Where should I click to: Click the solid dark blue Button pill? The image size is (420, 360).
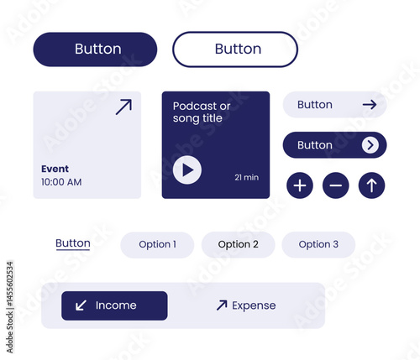[95, 50]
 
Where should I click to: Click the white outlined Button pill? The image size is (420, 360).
[235, 50]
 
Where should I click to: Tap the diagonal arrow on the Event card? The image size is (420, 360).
[123, 107]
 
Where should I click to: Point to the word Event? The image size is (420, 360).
[55, 169]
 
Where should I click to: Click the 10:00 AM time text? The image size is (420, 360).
[61, 182]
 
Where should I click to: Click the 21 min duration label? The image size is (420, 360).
[247, 177]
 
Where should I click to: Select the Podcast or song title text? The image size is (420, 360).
[202, 112]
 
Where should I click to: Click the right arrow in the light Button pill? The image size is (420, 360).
[370, 105]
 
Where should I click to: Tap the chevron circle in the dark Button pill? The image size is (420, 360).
[370, 145]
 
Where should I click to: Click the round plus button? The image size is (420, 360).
[300, 185]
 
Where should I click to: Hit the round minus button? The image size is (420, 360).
[336, 185]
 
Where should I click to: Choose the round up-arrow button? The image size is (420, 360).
[371, 185]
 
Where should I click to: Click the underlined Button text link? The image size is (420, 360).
[73, 243]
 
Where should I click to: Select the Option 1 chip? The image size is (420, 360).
[157, 245]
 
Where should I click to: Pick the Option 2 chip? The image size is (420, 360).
[239, 245]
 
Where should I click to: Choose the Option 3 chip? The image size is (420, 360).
[318, 245]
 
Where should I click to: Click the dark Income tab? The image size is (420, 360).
[114, 305]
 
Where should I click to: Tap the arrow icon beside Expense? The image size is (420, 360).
[222, 305]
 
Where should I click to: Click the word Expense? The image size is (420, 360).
[254, 305]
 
